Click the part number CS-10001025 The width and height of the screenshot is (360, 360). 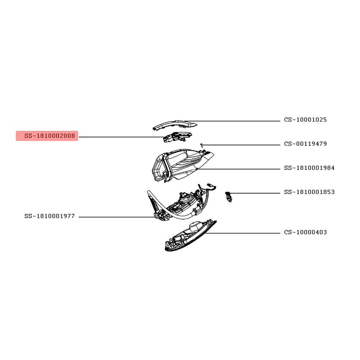[305, 120]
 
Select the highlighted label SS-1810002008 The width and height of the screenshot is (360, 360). [50, 136]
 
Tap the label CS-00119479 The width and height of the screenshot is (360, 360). [305, 144]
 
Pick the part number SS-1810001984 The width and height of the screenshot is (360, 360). [309, 168]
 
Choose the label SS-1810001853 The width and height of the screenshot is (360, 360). [309, 192]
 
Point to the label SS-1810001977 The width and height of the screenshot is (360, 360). [50, 216]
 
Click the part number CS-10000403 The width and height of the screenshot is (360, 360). [305, 232]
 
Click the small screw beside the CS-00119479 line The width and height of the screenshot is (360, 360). [201, 145]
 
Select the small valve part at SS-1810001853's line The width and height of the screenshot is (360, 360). [229, 197]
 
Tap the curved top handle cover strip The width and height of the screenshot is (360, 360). [175, 125]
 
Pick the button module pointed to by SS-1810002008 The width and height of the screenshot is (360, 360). [177, 136]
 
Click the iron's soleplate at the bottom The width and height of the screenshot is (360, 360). [190, 236]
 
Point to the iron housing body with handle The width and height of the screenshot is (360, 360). [181, 165]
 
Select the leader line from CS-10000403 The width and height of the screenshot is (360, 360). [242, 233]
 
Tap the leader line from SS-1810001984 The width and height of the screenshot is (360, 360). [239, 169]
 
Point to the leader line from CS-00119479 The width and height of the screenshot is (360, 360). [241, 145]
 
